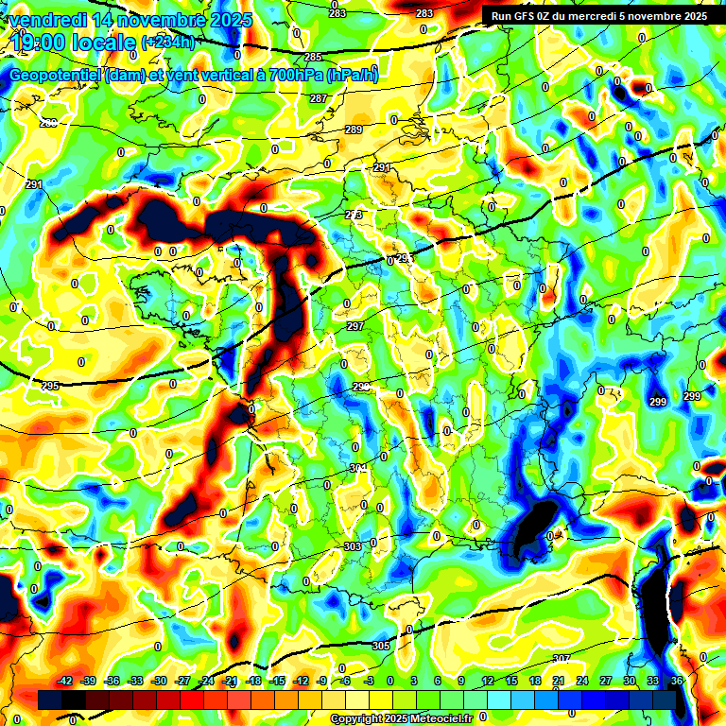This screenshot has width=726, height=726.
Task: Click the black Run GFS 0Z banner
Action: click(600, 16)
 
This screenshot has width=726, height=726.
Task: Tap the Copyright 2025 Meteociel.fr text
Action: click(401, 718)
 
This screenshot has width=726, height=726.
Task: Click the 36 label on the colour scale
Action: click(676, 681)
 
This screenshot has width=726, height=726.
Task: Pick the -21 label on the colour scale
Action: click(229, 681)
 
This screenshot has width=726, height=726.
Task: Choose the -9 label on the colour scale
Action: click(321, 681)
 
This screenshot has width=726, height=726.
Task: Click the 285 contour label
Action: click(313, 58)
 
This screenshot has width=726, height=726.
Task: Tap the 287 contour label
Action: click(319, 99)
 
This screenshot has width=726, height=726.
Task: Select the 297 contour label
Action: click(355, 326)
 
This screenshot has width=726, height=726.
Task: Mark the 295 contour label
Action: click(51, 386)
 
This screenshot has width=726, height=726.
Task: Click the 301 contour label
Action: click(358, 469)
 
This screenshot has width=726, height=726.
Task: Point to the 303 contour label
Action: click(353, 546)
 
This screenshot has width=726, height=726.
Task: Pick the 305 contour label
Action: click(381, 646)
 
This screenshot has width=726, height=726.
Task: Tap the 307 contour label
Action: click(562, 659)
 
